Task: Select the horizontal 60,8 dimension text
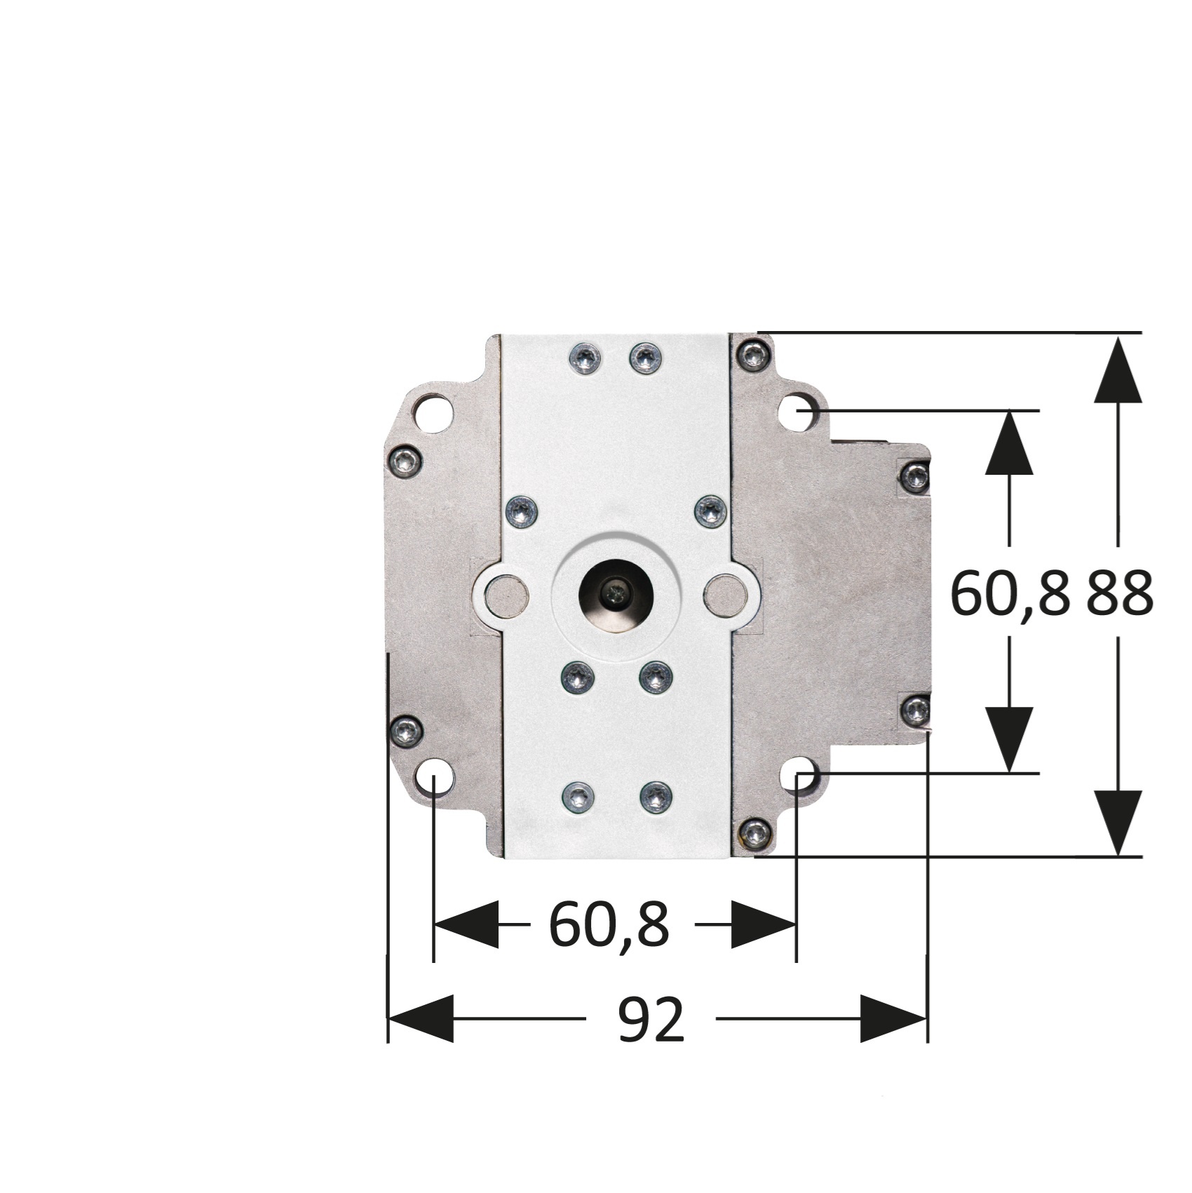(x=609, y=924)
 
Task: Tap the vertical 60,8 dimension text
(x=1010, y=593)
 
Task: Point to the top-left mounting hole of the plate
(x=434, y=412)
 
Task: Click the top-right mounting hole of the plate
(x=799, y=412)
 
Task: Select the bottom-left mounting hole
(x=434, y=777)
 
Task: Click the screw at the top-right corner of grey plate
(x=754, y=354)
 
